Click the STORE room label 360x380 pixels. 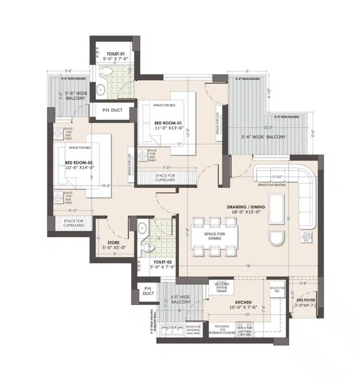pyautogui.click(x=115, y=243)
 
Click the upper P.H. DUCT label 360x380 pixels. pyautogui.click(x=112, y=110)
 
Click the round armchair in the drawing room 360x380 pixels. pyautogui.click(x=277, y=237)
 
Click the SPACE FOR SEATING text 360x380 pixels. pyautogui.click(x=272, y=185)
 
